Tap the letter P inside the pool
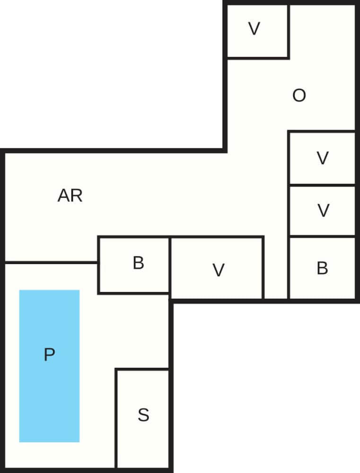[x=49, y=354]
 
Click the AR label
[x=70, y=195]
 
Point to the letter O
[x=299, y=96]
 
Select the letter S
[x=143, y=415]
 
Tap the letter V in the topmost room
[x=255, y=29]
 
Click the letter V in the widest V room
[x=218, y=271]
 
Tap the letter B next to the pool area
[x=138, y=263]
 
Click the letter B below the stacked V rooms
[x=322, y=268]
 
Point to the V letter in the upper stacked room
[x=323, y=158]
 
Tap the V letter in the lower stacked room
[x=323, y=210]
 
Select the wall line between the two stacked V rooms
[x=322, y=185]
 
